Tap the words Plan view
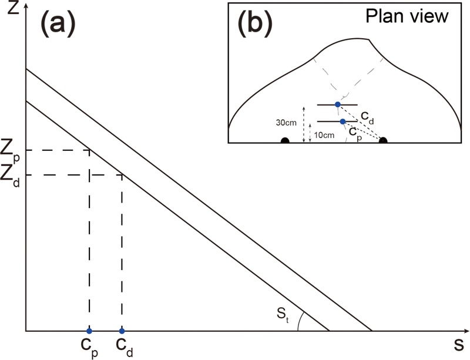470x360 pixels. tap(407, 16)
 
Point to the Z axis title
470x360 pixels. tap(8, 10)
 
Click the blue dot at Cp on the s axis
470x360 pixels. tap(89, 331)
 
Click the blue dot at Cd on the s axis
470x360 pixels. tap(122, 331)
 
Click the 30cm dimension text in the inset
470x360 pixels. tap(287, 122)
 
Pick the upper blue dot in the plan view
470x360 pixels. tap(337, 105)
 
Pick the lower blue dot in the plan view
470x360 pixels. tap(343, 122)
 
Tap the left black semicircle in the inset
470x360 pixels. tap(285, 141)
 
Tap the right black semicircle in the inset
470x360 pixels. tap(383, 141)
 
